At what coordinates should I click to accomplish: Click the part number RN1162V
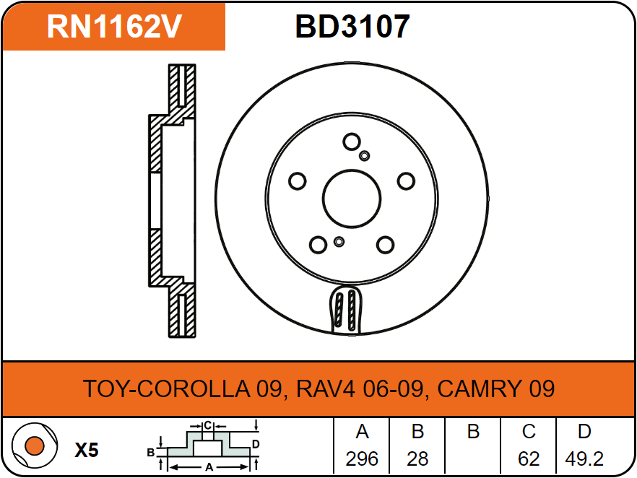[x=114, y=27]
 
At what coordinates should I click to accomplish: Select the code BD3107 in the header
[x=352, y=27]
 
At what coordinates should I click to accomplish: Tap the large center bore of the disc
[x=352, y=199]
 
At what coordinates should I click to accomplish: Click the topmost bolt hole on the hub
[x=352, y=142]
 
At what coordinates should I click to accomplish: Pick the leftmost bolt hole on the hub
[x=298, y=181]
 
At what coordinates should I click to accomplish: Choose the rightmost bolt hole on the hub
[x=406, y=181]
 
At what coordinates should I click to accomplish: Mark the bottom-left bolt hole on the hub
[x=318, y=245]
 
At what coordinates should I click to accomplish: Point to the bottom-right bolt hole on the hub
[x=385, y=245]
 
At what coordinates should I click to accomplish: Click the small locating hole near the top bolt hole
[x=365, y=155]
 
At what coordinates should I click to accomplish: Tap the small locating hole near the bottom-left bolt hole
[x=339, y=242]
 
